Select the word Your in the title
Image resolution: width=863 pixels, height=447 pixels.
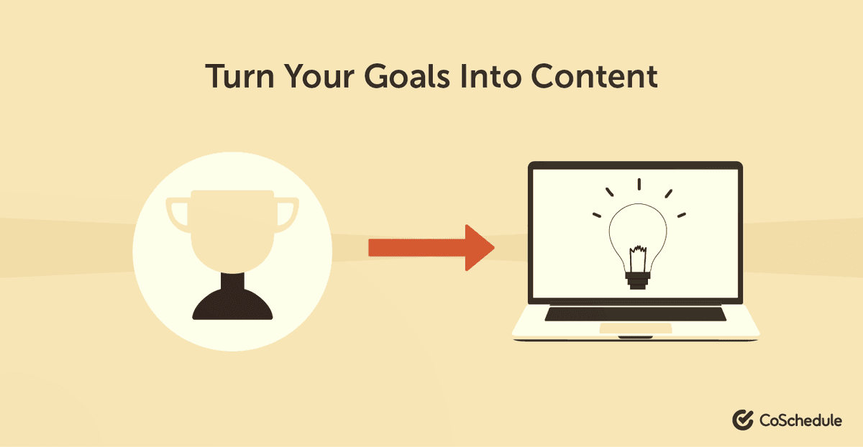pos(327,77)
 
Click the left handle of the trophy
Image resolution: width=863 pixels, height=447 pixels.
pos(176,213)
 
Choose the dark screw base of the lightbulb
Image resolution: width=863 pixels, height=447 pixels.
pos(637,280)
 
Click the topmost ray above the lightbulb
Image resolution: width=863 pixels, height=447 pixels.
pos(637,184)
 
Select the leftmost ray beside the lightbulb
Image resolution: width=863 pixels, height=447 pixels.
pos(596,213)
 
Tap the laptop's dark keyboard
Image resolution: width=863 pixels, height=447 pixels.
pos(636,314)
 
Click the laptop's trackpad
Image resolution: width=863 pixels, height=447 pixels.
pos(636,328)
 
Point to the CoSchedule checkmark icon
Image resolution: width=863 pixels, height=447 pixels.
pos(742,420)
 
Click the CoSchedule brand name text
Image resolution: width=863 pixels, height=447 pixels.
pos(799,420)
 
